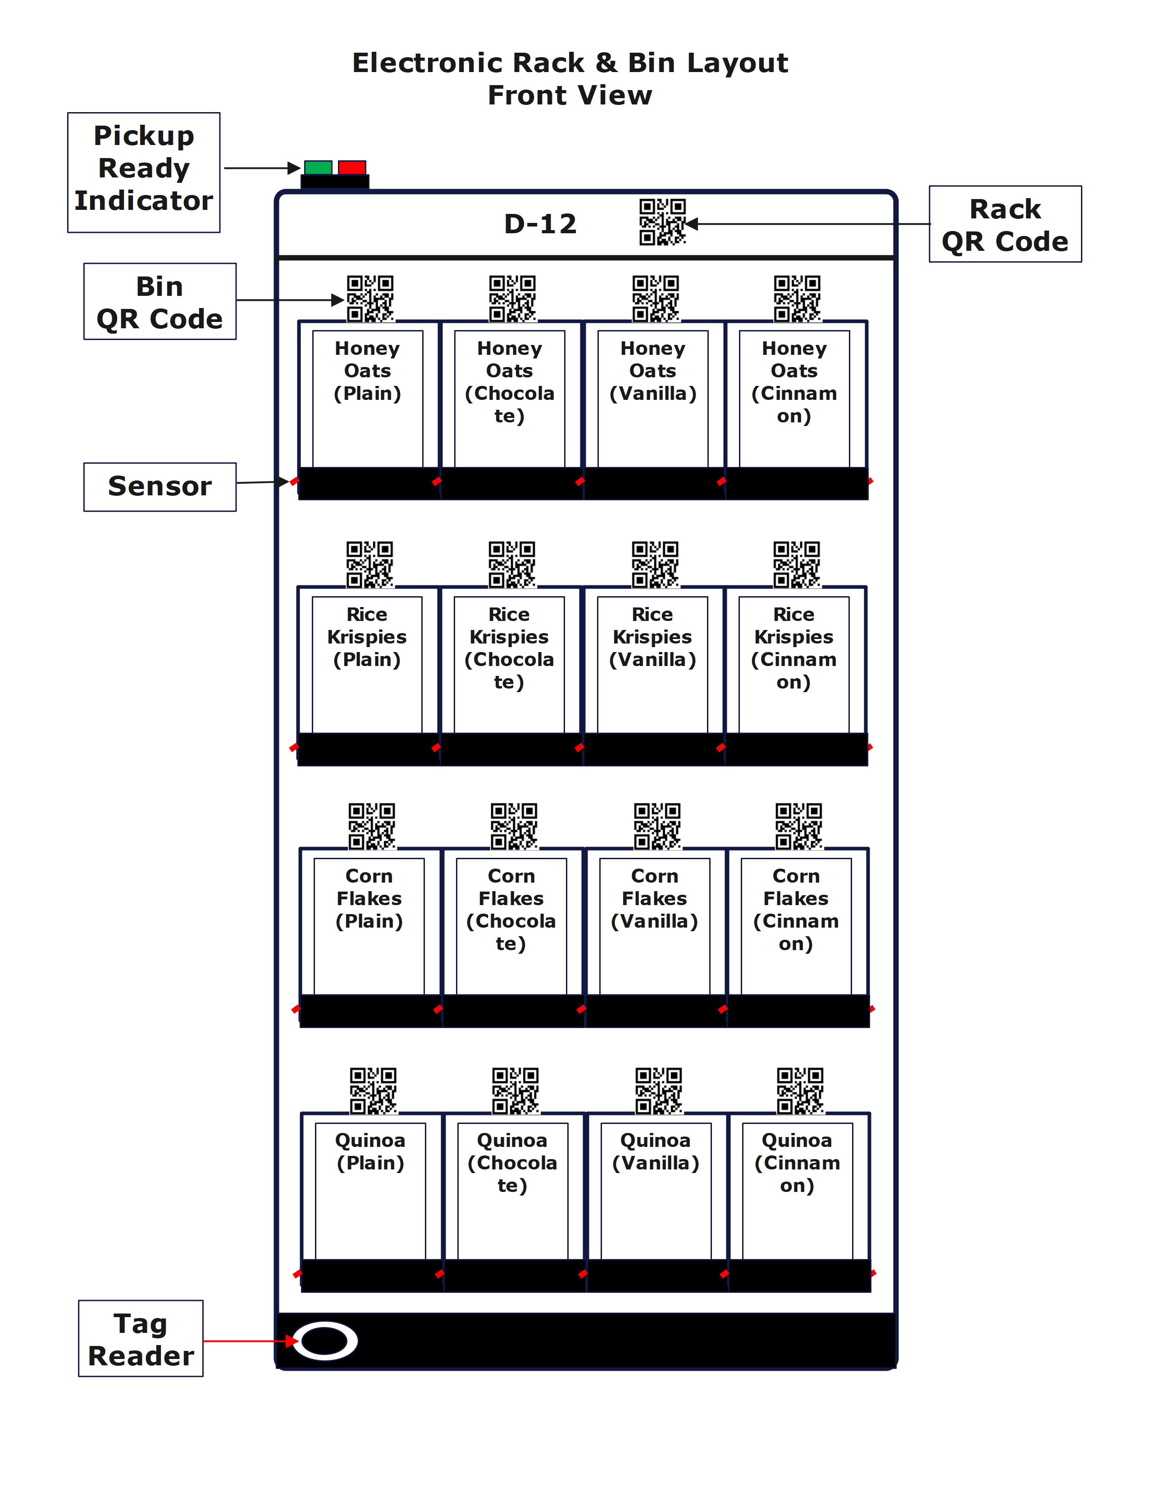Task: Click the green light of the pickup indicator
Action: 318,168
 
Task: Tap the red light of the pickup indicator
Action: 352,168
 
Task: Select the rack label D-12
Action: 540,224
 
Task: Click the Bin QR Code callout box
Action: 160,301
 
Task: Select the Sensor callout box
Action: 160,486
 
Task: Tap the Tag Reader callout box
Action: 141,1339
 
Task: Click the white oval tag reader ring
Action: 325,1341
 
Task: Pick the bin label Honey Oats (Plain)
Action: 368,371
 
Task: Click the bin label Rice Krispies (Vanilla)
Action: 652,637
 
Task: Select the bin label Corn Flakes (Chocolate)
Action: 511,909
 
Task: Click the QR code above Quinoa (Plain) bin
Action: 373,1090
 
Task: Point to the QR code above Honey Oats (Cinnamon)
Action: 797,298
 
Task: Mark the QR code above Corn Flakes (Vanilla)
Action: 657,826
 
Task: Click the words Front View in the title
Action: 570,95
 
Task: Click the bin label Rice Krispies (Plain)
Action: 367,637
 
